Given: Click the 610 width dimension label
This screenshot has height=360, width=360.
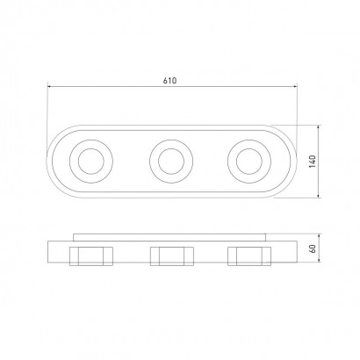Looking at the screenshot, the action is point(169,81).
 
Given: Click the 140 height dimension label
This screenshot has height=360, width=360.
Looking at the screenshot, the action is point(313,162).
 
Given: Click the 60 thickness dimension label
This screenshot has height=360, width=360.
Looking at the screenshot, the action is point(313,248).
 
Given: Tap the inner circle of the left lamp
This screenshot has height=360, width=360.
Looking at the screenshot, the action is point(78,162).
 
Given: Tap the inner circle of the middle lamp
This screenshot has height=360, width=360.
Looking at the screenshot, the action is point(158,162).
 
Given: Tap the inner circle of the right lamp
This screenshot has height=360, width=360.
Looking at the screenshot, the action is point(236,162).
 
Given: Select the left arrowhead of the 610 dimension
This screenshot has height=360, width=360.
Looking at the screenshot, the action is point(49,86).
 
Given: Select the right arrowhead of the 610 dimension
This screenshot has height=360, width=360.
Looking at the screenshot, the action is point(295,86).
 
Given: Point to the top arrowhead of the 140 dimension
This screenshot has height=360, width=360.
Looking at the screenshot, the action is point(319,127).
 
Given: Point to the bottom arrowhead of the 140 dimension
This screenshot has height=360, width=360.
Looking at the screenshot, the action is point(319,195).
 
